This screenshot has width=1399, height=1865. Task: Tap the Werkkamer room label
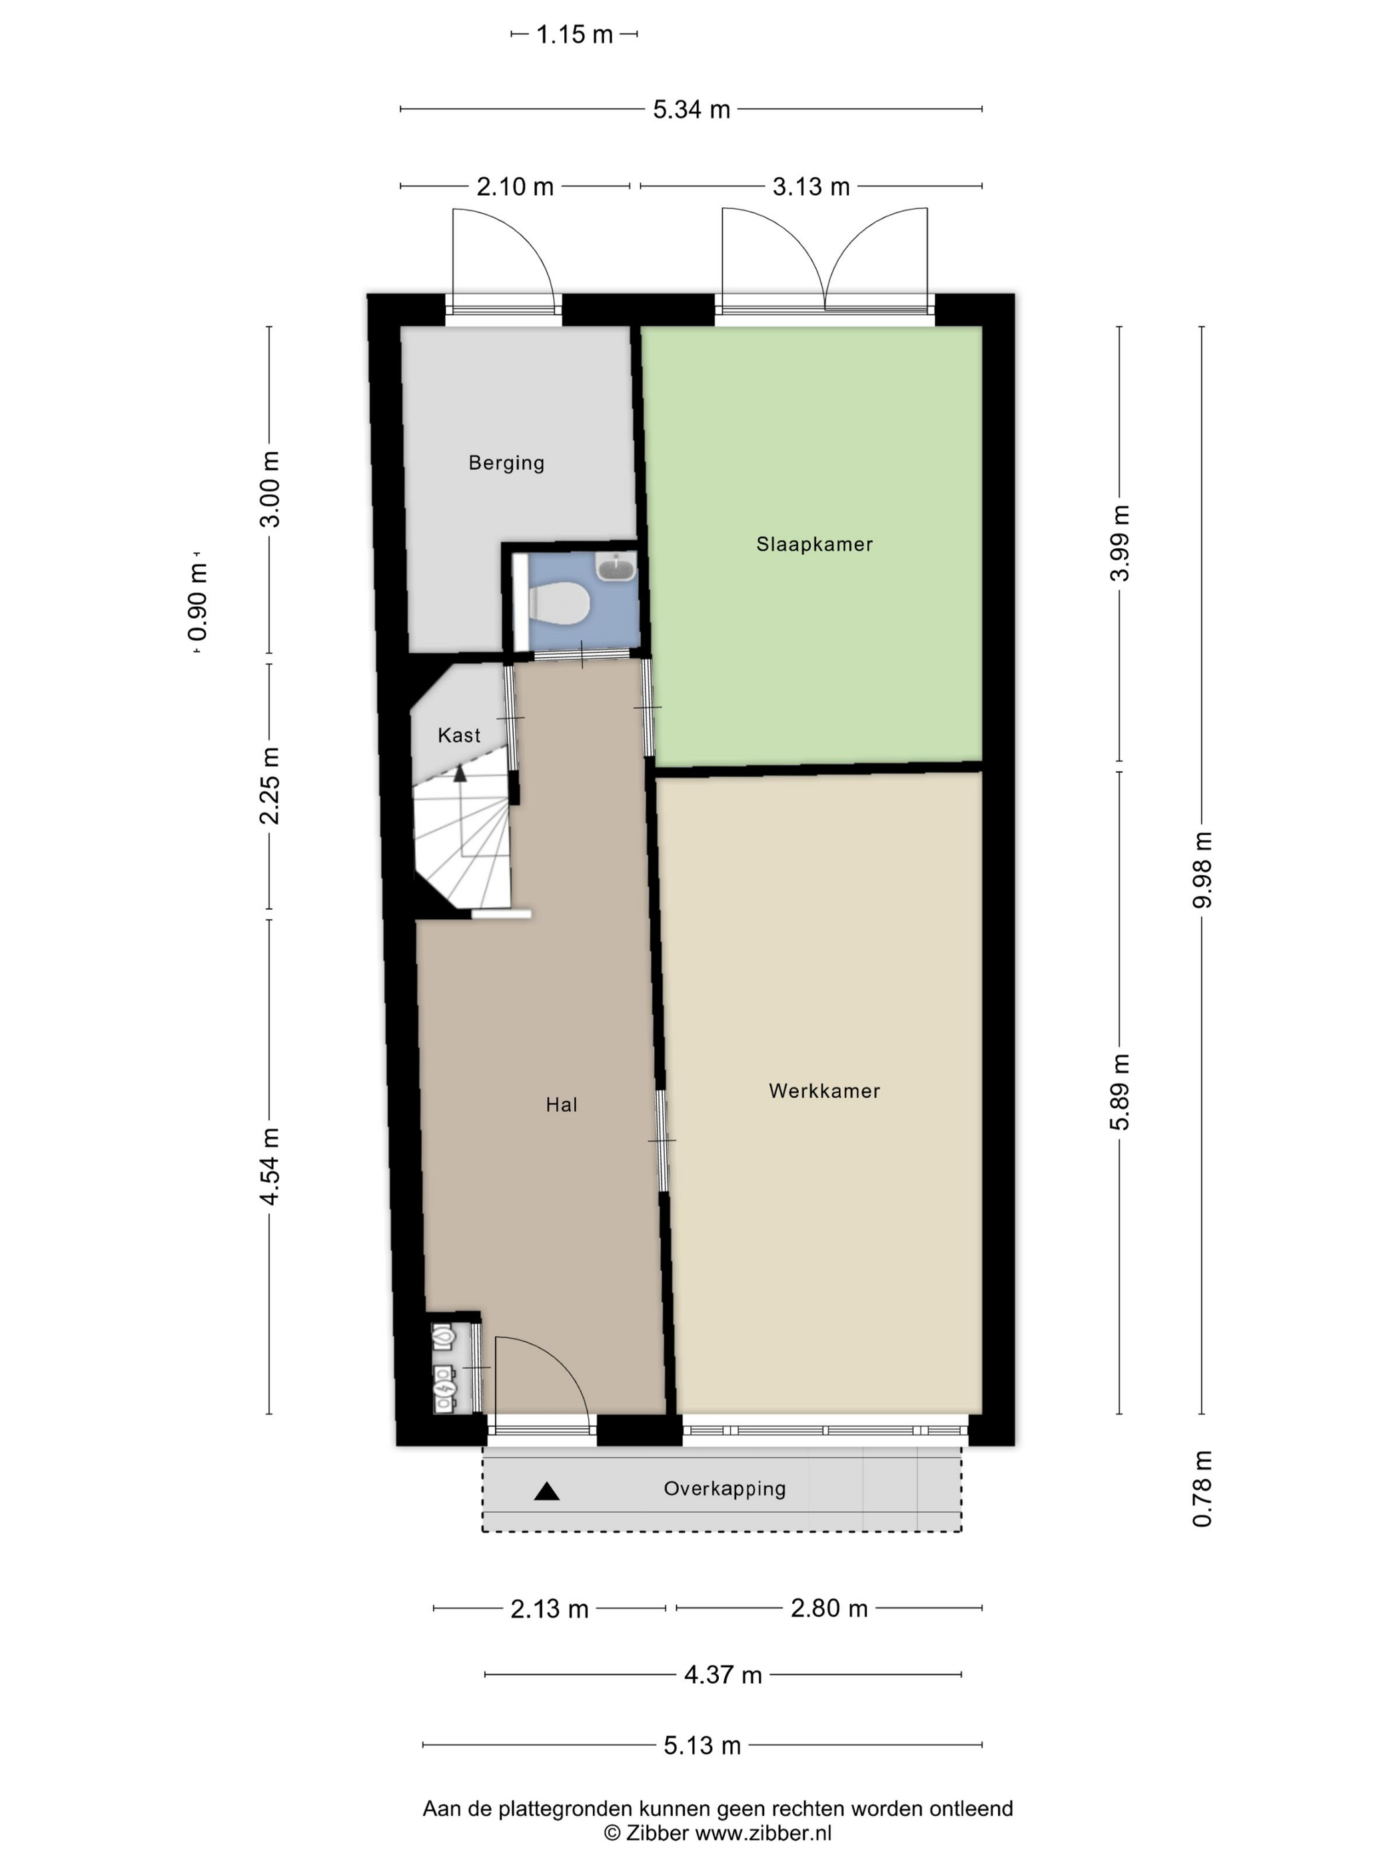coord(824,1090)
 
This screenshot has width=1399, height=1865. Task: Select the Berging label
coord(506,463)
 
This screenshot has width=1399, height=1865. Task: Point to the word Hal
coord(561,1104)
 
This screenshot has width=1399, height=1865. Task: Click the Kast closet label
coord(459,735)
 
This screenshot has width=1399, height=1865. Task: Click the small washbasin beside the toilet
coord(616,567)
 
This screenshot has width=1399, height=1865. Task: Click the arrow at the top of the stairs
coord(460,773)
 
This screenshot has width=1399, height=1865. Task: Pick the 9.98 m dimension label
coord(1202,869)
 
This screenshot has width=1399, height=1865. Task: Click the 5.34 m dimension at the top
coord(692,110)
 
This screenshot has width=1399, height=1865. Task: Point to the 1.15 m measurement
coord(574,35)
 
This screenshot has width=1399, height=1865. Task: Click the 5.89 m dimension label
coord(1119,1092)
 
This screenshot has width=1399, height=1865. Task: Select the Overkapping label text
coord(724,1489)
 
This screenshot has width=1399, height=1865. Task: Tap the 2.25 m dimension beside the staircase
coord(269,786)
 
